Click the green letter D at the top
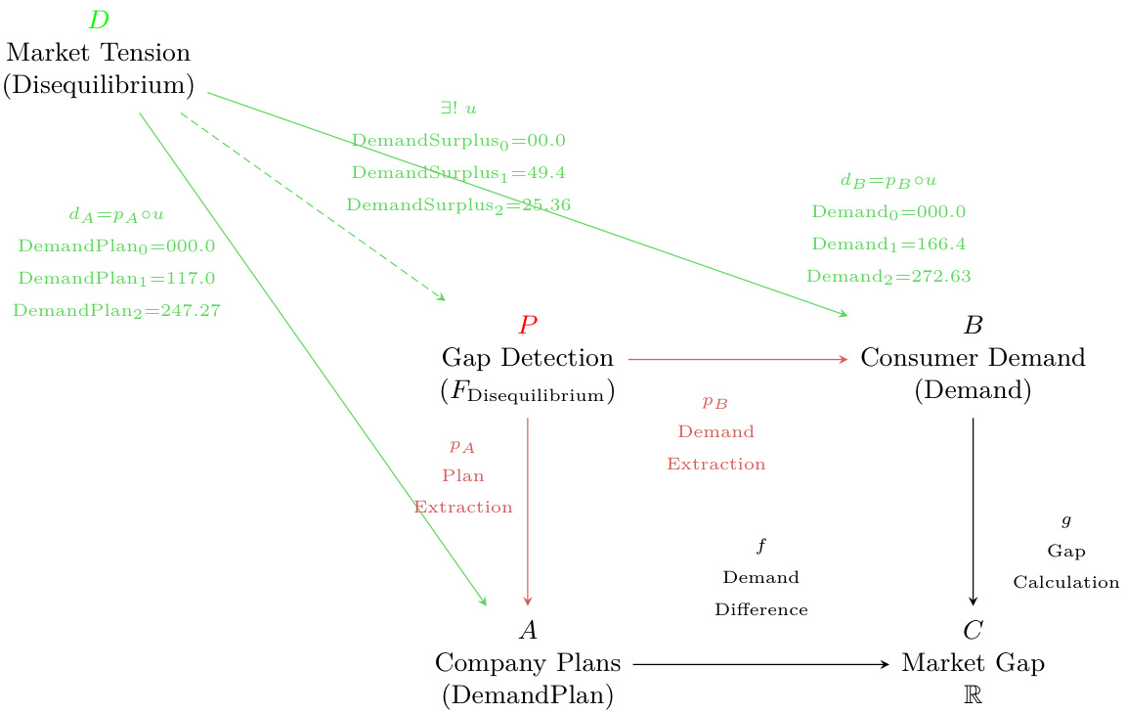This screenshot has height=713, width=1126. coord(98,20)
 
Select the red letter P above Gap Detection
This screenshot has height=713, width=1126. coord(528,325)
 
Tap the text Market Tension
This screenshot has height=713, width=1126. coord(98,52)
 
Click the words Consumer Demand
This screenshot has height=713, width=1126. coord(973,358)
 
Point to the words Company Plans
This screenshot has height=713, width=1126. coord(528,663)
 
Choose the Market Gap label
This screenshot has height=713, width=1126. coord(973,663)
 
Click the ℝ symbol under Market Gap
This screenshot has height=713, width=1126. coord(973,695)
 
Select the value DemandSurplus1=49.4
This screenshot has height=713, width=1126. coord(458,173)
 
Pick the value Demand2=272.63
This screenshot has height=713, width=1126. coord(888,277)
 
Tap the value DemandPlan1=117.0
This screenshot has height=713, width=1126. coord(116,279)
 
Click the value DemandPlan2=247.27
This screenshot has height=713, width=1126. coord(116,311)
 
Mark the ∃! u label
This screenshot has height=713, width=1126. coord(458,109)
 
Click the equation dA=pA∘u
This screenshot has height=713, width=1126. coord(116,214)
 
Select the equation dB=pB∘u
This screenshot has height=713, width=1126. coord(888,181)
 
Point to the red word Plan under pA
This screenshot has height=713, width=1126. coord(463,476)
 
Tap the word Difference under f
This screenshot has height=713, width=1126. coord(761,610)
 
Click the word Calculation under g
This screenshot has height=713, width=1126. coord(1065,583)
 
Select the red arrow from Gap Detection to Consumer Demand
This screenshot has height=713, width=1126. coord(738,359)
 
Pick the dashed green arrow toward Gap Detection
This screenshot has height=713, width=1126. coord(313,206)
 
